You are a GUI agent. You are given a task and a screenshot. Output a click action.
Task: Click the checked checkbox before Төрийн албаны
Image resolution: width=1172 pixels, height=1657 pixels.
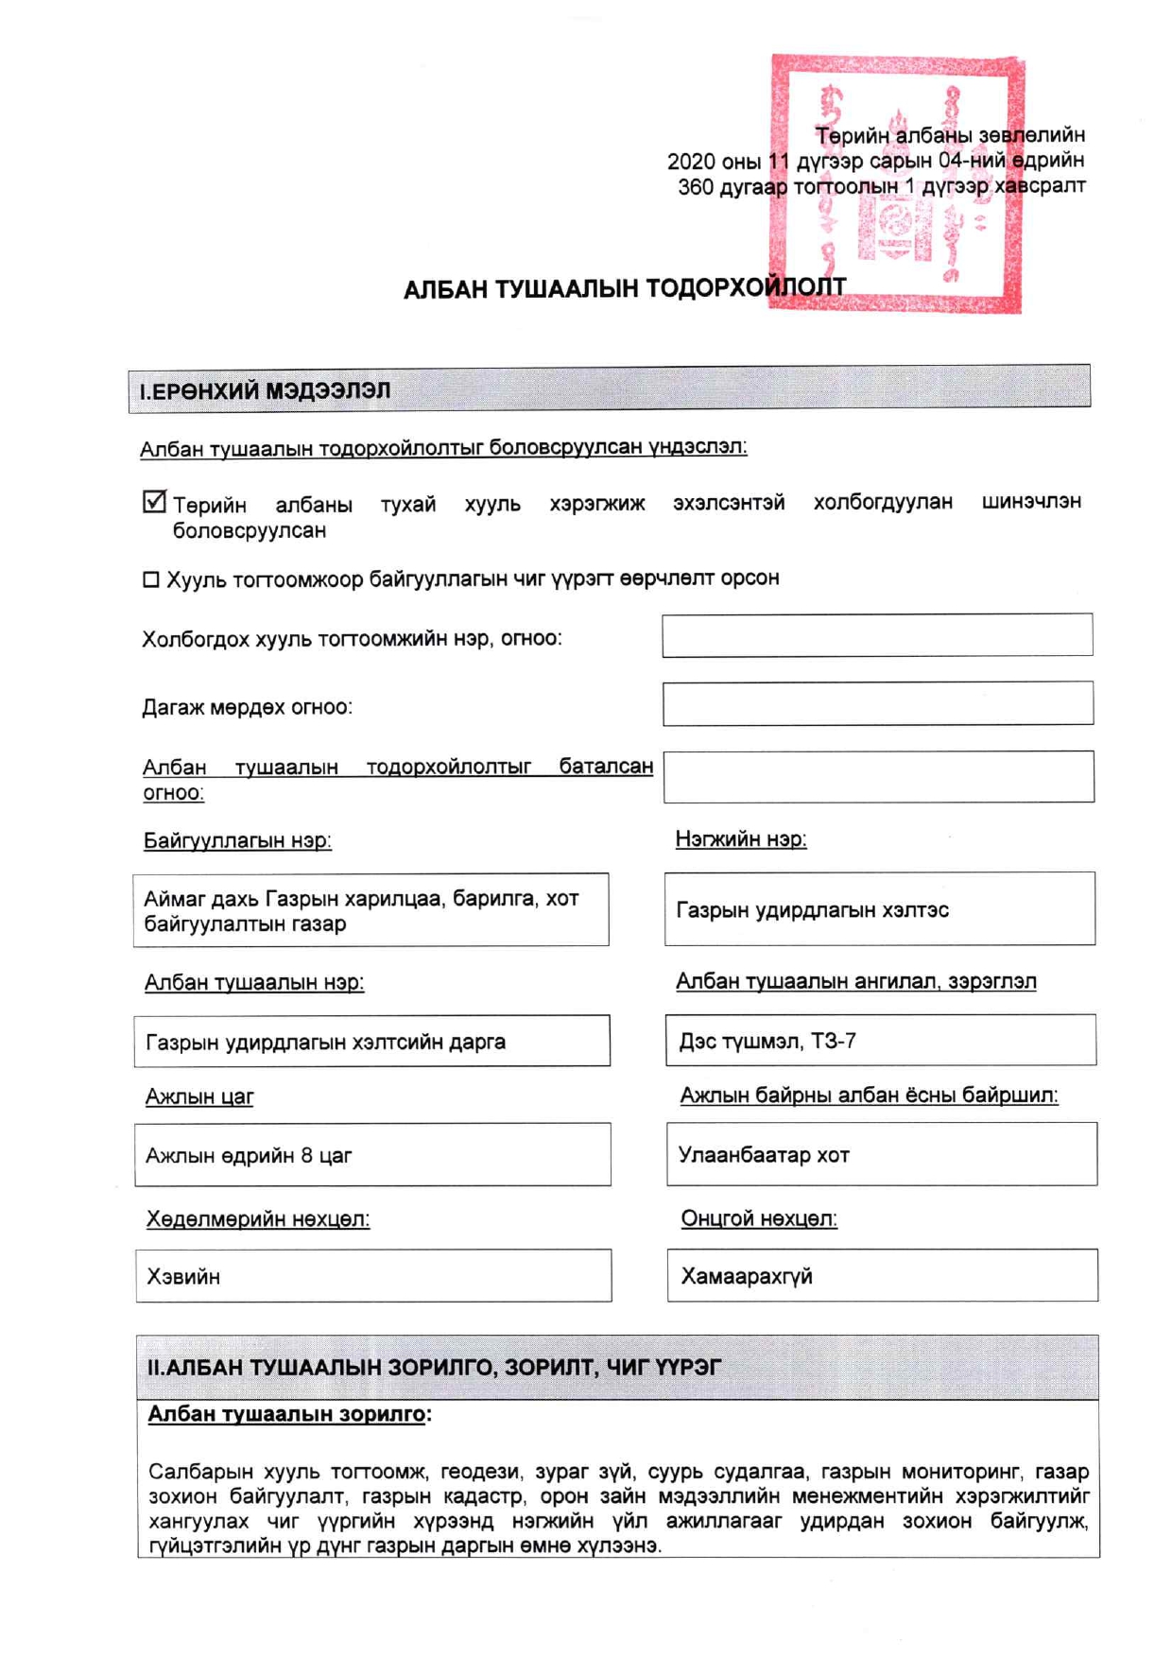pyautogui.click(x=154, y=502)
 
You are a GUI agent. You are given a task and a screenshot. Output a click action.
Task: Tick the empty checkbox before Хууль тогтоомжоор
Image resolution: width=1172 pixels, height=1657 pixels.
pyautogui.click(x=150, y=579)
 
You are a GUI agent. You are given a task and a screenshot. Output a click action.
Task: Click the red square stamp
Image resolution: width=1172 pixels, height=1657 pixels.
pyautogui.click(x=896, y=184)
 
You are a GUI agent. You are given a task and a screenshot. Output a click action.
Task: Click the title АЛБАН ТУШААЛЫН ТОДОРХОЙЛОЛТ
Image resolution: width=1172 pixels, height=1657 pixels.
pyautogui.click(x=624, y=288)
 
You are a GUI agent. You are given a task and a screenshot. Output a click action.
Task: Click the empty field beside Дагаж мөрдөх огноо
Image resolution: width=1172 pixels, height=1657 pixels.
pyautogui.click(x=877, y=703)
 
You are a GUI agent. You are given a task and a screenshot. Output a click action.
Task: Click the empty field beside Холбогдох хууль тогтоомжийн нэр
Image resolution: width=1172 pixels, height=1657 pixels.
pyautogui.click(x=877, y=635)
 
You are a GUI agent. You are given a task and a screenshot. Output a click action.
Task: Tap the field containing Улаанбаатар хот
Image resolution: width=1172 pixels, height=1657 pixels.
pyautogui.click(x=881, y=1154)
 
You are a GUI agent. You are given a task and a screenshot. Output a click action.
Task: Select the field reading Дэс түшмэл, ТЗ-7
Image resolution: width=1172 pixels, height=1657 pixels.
pyautogui.click(x=880, y=1041)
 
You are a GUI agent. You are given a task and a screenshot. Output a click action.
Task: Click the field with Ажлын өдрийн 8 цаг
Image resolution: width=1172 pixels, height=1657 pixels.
pyautogui.click(x=372, y=1155)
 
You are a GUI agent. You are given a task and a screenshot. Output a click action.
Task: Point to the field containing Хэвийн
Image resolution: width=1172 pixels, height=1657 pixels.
pyautogui.click(x=373, y=1276)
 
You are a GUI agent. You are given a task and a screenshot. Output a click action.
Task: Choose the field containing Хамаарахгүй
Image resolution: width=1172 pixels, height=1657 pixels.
pyautogui.click(x=882, y=1276)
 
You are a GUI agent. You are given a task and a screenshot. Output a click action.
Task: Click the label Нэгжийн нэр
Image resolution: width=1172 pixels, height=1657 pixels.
pyautogui.click(x=741, y=839)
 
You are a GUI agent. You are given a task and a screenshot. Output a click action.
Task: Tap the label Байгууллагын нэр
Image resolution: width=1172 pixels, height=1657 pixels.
pyautogui.click(x=237, y=840)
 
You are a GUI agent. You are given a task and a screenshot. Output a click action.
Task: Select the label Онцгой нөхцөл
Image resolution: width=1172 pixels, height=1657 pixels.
pyautogui.click(x=759, y=1219)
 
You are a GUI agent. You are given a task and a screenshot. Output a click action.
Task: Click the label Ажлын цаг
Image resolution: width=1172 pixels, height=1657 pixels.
pyautogui.click(x=199, y=1097)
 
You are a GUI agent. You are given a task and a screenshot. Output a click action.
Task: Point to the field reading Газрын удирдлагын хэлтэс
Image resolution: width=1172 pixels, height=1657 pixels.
pyautogui.click(x=879, y=909)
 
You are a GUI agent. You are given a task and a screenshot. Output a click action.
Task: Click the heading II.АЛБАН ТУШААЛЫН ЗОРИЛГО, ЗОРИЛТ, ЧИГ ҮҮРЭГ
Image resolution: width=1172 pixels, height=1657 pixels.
pyautogui.click(x=435, y=1368)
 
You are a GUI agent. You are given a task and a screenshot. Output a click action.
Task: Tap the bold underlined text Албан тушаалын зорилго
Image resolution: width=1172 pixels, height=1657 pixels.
pyautogui.click(x=286, y=1415)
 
